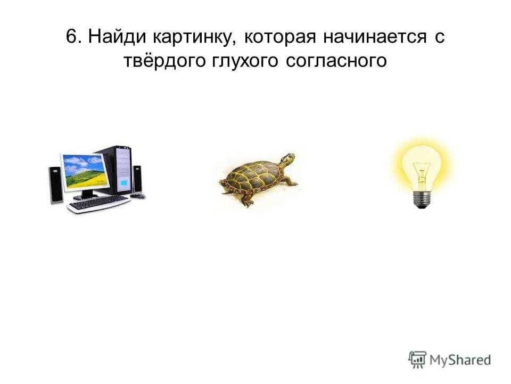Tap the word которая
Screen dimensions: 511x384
coord(280,37)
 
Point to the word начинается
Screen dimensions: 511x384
coord(375,37)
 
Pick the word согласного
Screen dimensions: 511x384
coord(336,61)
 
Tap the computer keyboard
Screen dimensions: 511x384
coord(99,204)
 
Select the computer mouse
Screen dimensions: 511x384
coord(138,196)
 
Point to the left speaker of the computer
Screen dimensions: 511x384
coord(55,185)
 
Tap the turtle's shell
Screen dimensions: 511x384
coord(251,177)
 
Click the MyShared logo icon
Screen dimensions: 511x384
coord(417,359)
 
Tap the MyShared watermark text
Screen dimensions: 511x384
coord(460,360)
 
